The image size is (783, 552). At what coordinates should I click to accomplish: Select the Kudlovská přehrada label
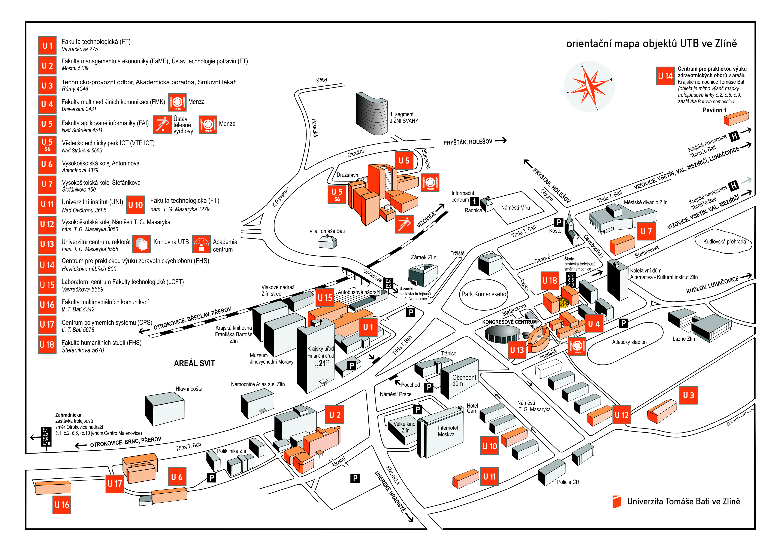coord(724,242)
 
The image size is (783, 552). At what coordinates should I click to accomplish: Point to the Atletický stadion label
coord(629,342)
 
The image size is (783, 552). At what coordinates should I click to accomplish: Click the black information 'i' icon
coord(474,201)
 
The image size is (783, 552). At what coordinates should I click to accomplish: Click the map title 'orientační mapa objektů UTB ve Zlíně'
coord(651,44)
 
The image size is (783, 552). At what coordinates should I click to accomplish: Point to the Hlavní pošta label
coord(189,389)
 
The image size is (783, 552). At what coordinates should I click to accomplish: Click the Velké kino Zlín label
coord(405,427)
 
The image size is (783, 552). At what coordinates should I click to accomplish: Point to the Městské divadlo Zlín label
coord(645,202)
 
